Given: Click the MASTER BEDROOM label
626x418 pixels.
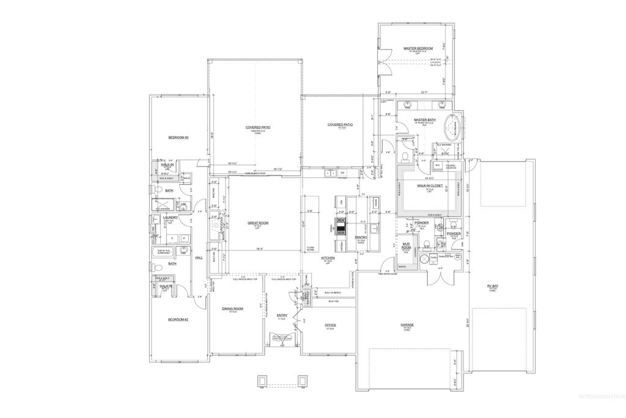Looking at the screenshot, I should point(418,48).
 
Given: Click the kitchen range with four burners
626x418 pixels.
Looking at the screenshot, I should point(339,226).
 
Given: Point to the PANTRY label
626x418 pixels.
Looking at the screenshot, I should point(360,237).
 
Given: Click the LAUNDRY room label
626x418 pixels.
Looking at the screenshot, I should point(170,217).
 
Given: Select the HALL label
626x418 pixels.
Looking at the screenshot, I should point(198,258).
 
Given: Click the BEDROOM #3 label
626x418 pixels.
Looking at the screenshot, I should point(179,138).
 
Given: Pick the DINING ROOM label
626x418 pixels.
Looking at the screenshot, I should point(233,309).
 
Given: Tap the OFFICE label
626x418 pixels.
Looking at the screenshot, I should point(331,325).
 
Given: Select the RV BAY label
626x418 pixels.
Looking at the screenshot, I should point(492,285).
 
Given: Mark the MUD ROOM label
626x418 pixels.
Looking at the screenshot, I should point(405,246).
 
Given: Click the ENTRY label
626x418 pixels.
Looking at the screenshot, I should point(282,316).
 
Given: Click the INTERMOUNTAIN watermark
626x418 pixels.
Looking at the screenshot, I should point(602,410).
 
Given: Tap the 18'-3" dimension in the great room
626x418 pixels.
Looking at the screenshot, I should point(259,249).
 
